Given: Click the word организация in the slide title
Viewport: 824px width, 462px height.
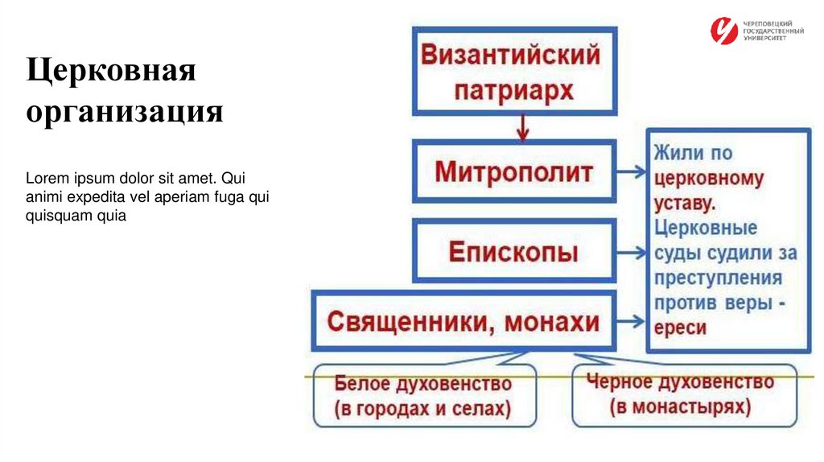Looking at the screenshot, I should (125, 110).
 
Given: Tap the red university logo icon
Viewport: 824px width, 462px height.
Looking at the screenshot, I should (723, 31).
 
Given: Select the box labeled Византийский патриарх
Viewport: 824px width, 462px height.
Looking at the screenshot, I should (514, 71).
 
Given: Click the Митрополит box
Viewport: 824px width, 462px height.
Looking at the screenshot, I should (514, 171).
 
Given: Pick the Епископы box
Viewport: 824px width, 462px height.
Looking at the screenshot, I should (514, 252).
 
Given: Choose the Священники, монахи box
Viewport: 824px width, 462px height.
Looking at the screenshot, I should (463, 322).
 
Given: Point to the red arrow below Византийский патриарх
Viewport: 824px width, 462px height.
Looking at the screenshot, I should (524, 127).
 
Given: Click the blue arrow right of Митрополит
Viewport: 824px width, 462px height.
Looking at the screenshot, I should (632, 171).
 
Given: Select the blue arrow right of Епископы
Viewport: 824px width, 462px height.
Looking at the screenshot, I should (632, 252).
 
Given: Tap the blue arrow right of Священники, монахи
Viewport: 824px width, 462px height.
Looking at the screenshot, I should (632, 322).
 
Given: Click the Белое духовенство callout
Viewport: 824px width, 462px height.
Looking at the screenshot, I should (423, 395).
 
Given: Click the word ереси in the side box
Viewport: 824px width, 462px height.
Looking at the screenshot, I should (681, 328).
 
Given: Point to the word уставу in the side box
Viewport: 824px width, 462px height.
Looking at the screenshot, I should (685, 202).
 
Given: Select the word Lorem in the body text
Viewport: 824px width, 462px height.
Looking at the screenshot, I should (43, 177).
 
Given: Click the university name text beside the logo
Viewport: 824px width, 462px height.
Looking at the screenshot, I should (773, 31).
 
